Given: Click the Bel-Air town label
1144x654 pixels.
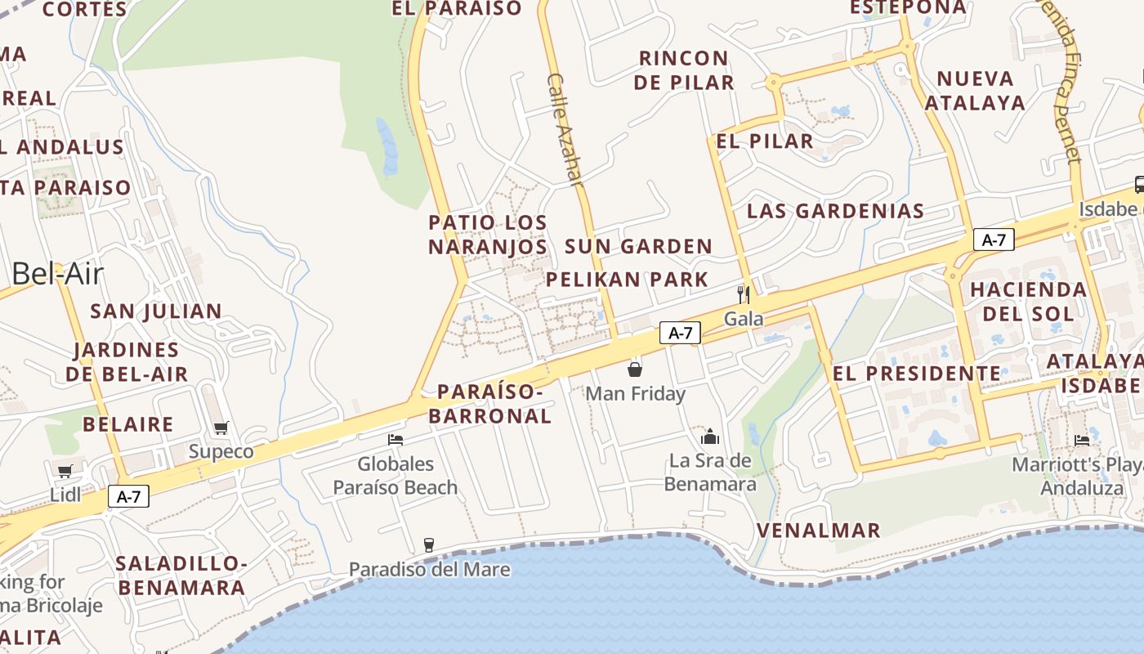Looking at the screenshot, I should coord(57,274).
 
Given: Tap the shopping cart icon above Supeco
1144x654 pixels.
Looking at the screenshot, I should coord(221,428).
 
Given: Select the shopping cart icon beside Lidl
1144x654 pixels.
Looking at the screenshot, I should coord(65,471).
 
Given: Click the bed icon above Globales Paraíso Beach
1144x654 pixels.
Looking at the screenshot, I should coord(395,440).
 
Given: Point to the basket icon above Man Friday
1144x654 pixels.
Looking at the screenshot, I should coord(635,370).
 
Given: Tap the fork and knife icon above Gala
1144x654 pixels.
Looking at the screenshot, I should coord(744,294).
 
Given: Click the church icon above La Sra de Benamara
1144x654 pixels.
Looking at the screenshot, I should coord(709,437).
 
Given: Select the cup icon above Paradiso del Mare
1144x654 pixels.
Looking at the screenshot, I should coord(428,545).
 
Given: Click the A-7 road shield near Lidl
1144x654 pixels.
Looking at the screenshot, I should coord(128,496).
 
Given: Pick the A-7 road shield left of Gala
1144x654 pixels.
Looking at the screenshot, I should coord(680,333).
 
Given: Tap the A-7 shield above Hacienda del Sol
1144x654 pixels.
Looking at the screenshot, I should coord(994,240).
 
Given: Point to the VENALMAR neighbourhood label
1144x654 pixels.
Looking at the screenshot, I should coord(818,531).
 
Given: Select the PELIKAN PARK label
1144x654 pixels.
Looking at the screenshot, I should coord(627,280).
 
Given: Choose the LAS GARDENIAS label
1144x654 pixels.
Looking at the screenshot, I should coord(835,211).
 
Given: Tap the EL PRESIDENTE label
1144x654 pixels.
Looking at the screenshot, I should coord(916,374).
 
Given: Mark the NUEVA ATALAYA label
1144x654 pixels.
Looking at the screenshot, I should coord(975,91).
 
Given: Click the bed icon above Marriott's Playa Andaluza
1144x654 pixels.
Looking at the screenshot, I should coord(1082,440).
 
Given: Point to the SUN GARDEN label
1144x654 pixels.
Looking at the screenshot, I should coord(638,246).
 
